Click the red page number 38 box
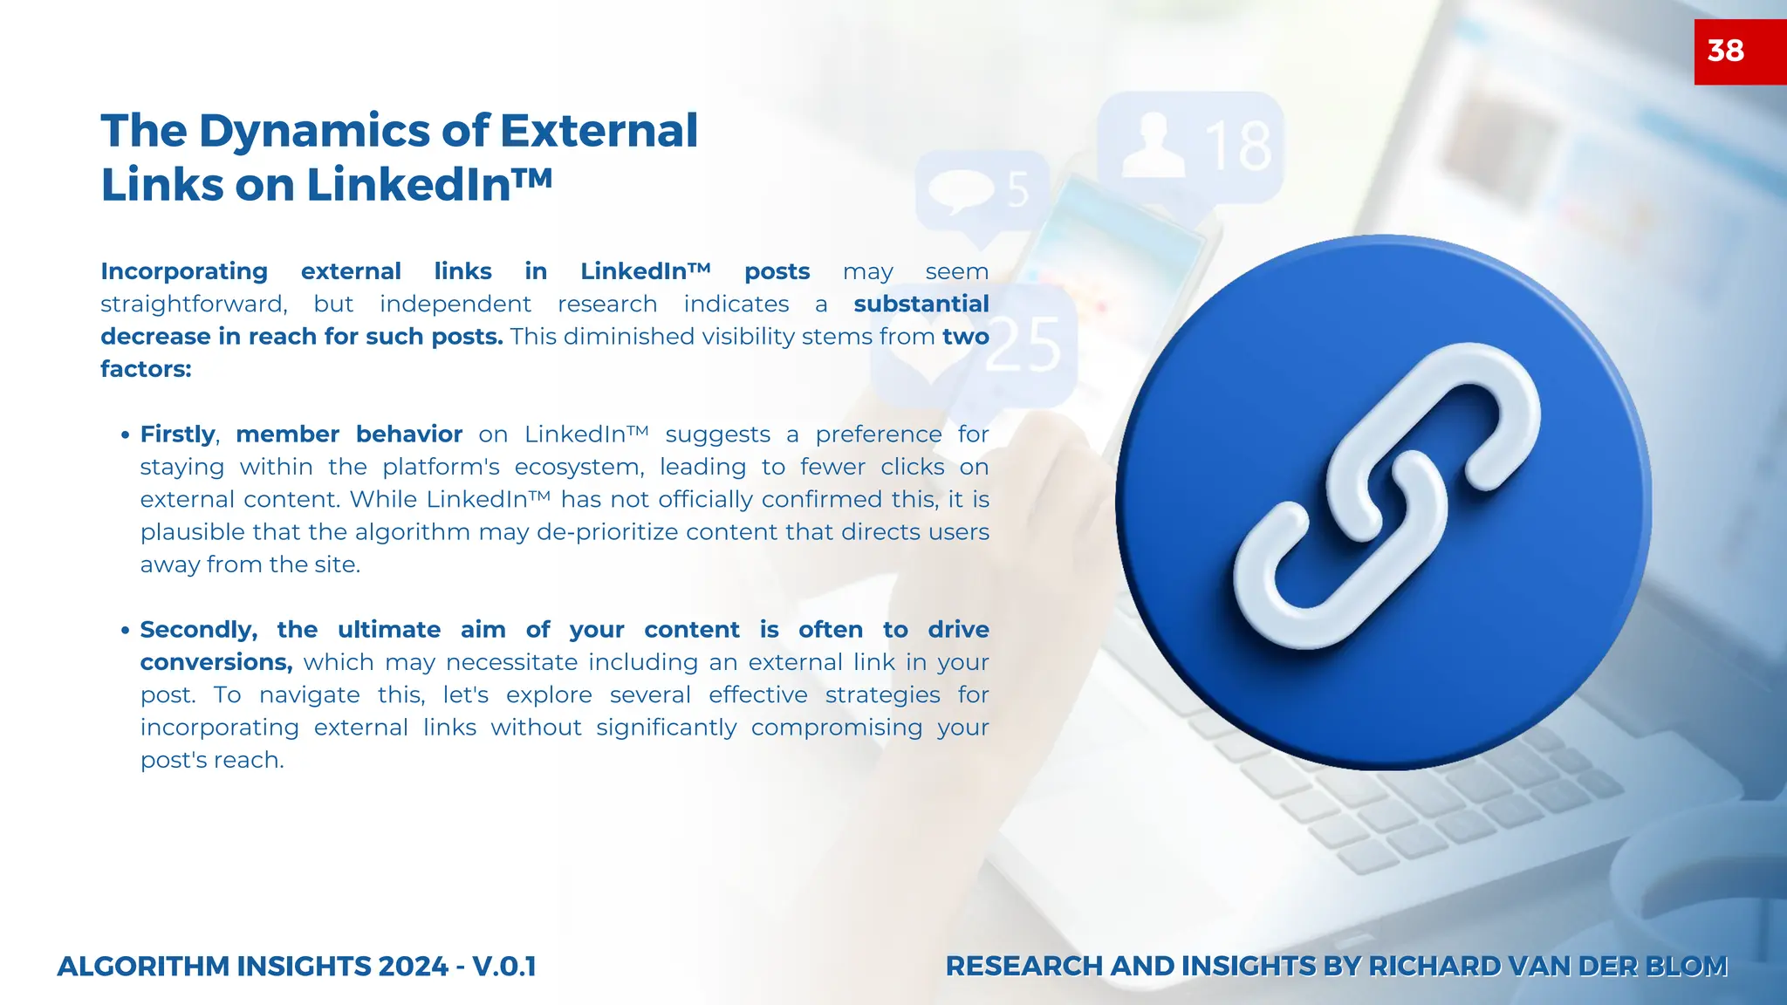click(1739, 51)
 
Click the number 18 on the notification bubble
click(1238, 147)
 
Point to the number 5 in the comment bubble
click(1018, 189)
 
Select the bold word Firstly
click(178, 434)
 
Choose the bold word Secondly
click(198, 630)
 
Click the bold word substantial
click(921, 304)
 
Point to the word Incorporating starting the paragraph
click(184, 271)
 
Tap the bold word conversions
click(216, 662)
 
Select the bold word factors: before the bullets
click(146, 369)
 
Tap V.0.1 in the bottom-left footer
click(503, 967)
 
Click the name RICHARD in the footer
click(1434, 967)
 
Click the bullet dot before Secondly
click(126, 630)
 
